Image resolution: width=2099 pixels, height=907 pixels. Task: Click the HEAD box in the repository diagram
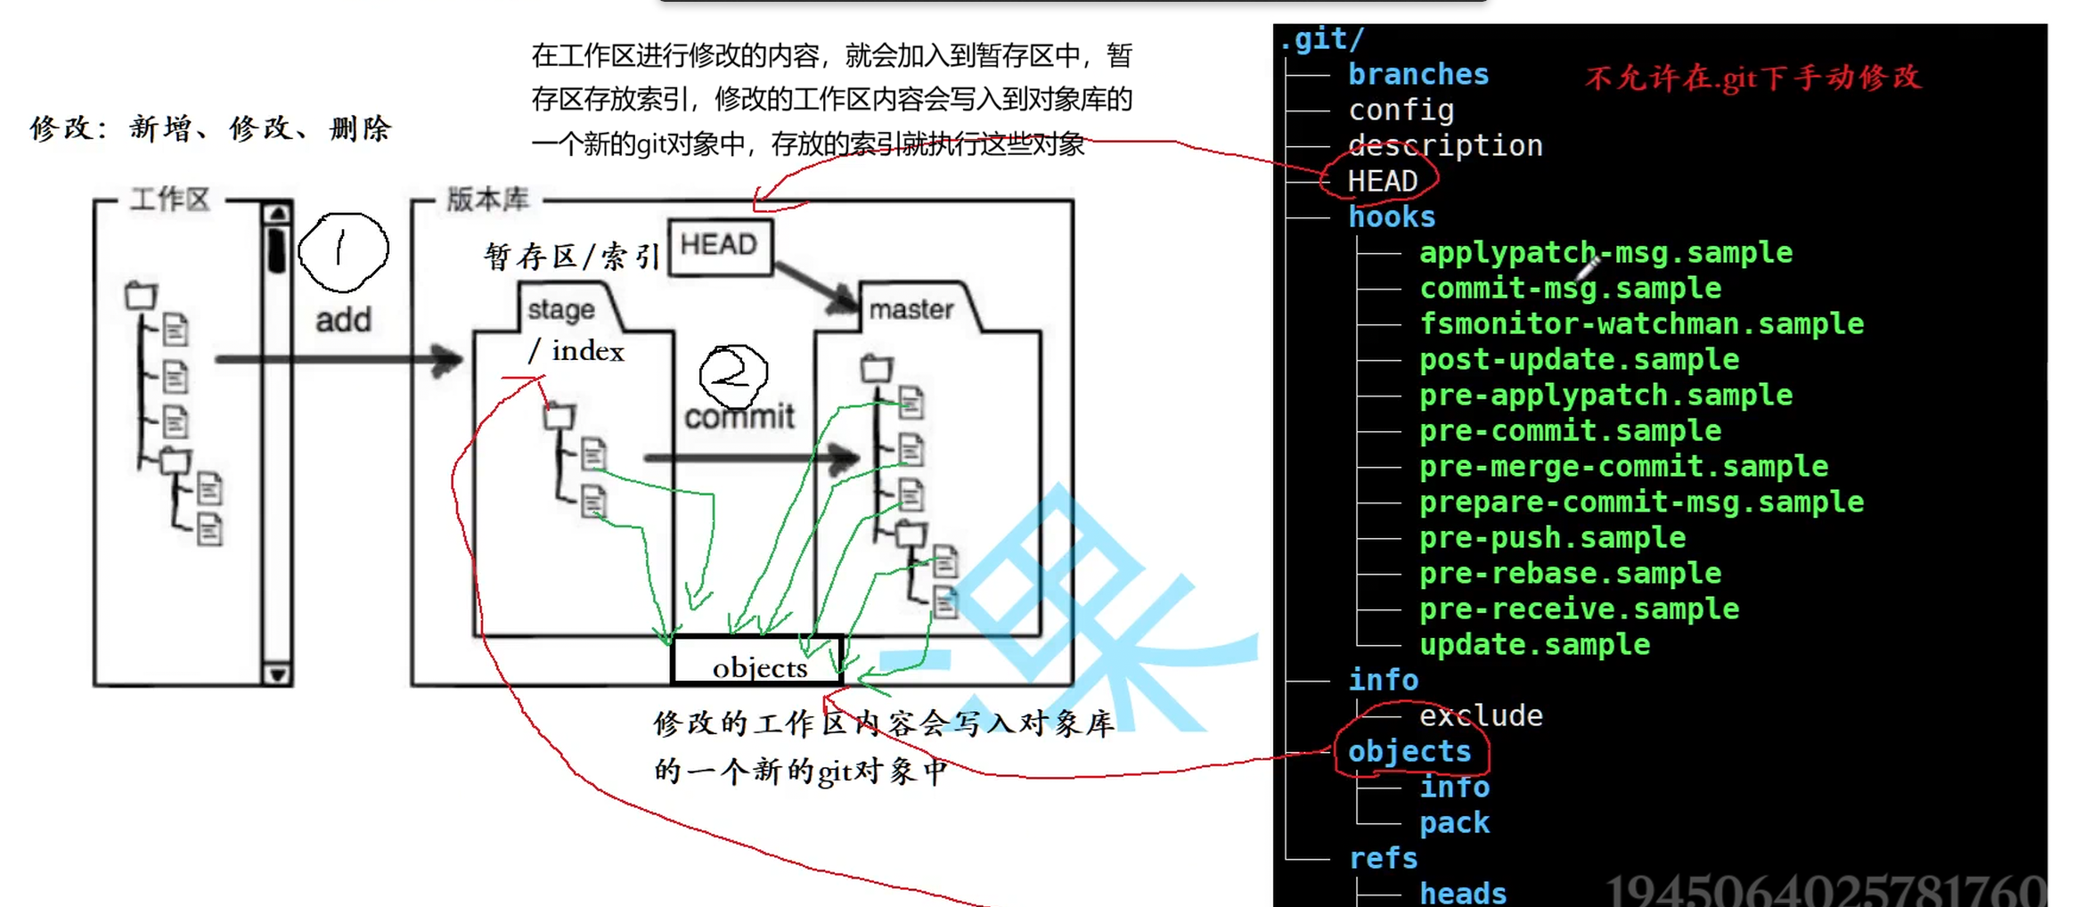(720, 245)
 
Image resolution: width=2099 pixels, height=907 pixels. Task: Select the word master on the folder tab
(911, 309)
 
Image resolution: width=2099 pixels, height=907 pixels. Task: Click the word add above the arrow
(343, 320)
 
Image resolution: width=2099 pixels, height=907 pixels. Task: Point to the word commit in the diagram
(739, 416)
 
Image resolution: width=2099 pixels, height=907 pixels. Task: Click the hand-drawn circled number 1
(342, 251)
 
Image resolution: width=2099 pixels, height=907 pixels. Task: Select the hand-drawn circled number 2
(733, 374)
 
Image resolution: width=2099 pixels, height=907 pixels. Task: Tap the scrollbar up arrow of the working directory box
(277, 214)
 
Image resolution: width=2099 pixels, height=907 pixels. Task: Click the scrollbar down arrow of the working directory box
(277, 674)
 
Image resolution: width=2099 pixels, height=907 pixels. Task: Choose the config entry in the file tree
(1401, 110)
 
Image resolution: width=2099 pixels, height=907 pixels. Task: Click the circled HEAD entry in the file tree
(1382, 181)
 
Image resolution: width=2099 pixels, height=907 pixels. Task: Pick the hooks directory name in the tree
(1392, 217)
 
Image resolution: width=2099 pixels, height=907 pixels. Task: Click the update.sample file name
(1534, 645)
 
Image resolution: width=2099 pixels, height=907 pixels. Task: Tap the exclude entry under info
(1481, 716)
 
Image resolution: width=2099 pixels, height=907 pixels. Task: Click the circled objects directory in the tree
(1409, 752)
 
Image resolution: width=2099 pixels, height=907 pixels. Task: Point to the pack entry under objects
(1454, 823)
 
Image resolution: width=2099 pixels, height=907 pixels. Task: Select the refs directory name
(1383, 859)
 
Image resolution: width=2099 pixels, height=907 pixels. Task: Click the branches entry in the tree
(1418, 75)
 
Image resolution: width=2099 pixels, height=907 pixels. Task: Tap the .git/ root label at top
(1322, 39)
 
